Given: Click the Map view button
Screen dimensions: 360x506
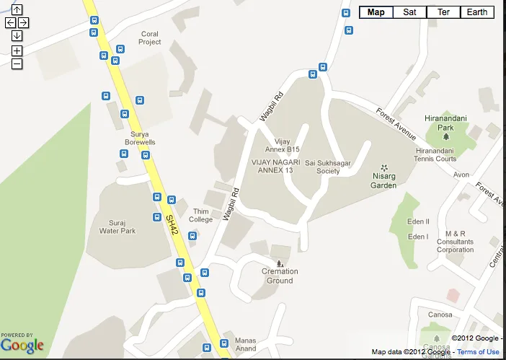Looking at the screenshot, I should [x=376, y=12].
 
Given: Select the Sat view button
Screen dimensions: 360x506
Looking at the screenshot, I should [x=409, y=12].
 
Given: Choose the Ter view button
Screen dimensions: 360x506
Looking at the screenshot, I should [x=443, y=12].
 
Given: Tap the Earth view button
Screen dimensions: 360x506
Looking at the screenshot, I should [x=476, y=12].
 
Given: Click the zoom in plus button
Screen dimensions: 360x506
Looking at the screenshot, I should [x=17, y=51].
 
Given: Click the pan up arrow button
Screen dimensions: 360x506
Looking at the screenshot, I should [x=17, y=10].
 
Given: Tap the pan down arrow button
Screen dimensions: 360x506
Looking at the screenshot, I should [x=17, y=35].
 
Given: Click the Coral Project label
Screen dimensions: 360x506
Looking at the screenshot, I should [x=150, y=38].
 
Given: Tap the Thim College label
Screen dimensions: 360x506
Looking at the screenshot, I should [x=200, y=215].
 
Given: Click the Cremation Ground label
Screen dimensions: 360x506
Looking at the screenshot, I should [x=280, y=276].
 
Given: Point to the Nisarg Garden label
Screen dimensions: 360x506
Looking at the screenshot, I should [x=384, y=181].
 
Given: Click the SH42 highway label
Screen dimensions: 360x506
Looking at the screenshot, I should [x=171, y=223].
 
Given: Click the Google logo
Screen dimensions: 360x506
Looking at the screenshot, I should [x=22, y=346].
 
